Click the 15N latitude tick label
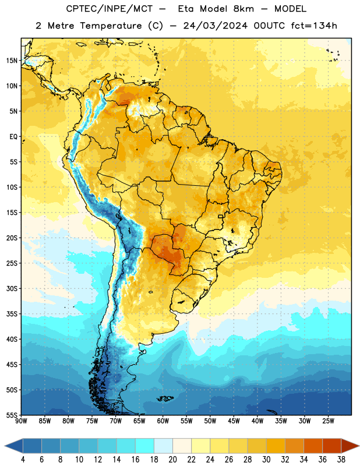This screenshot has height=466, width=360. coord(12,61)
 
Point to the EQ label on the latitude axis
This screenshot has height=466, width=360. coord(13,137)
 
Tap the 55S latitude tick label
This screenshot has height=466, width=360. coord(12,415)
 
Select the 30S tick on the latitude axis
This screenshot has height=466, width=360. coord(12,288)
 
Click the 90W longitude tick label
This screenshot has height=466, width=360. coord(21,421)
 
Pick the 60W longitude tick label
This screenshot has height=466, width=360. coord(163,421)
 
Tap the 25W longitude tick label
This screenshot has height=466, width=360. coord(328,421)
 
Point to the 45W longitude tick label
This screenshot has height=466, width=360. coord(234,421)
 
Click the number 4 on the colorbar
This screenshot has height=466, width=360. coord(23,460)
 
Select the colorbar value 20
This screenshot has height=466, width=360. coord(172,460)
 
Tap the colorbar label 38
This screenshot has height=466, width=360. coord(341,460)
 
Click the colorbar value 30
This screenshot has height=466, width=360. coord(266,460)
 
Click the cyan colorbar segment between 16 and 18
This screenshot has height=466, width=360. coord(145,446)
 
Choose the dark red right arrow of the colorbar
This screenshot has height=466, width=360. coord(350,446)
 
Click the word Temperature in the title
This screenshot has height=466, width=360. coord(111,26)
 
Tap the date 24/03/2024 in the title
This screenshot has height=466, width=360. coord(215,26)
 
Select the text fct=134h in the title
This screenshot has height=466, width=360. coord(314,26)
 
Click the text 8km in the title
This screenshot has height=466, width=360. coord(243,9)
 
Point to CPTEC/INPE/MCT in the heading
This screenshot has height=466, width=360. coord(109,9)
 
